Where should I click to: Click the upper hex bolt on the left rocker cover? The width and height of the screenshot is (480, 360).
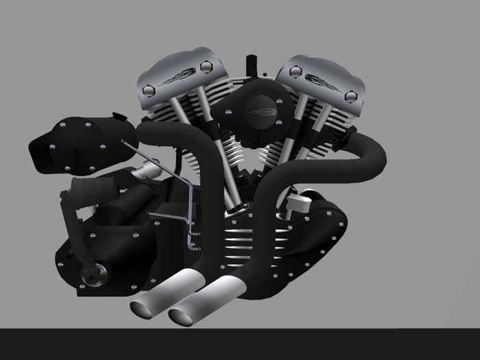tap(206, 67)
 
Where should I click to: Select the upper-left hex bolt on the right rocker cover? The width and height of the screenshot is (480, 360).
tap(296, 71)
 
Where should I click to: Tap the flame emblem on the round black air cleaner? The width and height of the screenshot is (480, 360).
tap(259, 108)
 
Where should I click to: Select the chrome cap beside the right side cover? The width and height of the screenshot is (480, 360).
tap(296, 202)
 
